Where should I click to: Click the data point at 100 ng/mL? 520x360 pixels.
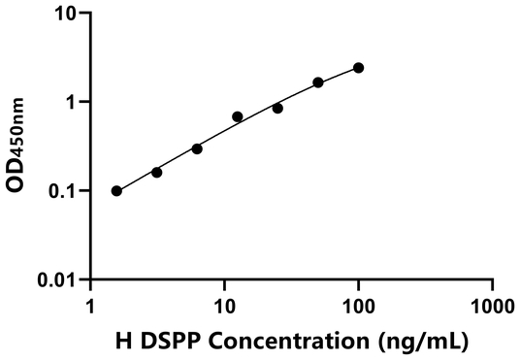click(359, 68)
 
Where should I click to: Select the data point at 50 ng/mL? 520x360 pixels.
click(318, 82)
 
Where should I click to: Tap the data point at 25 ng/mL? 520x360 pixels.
click(277, 108)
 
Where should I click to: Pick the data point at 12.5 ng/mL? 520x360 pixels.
click(238, 116)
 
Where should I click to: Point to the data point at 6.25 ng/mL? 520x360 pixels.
click(197, 148)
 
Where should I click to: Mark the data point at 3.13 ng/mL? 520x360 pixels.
click(157, 172)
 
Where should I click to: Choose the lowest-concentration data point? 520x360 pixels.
click(116, 191)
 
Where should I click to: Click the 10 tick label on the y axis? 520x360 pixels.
click(67, 14)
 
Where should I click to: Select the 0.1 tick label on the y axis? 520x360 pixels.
click(62, 191)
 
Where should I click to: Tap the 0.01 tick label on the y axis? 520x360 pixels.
click(57, 280)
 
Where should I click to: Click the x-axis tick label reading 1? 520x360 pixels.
click(91, 303)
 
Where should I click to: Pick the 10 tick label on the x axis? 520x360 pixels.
click(225, 303)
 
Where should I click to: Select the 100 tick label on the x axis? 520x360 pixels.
click(359, 303)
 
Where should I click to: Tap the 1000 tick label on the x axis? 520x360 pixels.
click(492, 303)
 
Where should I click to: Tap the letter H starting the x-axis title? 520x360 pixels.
click(122, 341)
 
